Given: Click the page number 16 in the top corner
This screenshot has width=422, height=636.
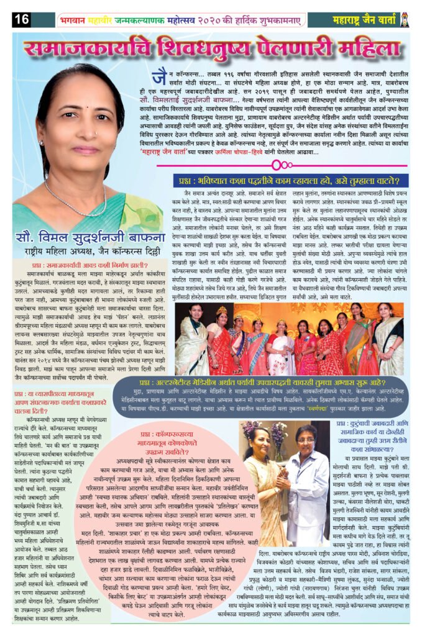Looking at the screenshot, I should pyautogui.click(x=21, y=19).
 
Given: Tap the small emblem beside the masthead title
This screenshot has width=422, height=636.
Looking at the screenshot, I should pyautogui.click(x=405, y=19).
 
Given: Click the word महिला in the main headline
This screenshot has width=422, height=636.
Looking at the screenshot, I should pyautogui.click(x=360, y=49).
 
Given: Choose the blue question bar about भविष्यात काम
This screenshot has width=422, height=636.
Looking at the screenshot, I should pyautogui.click(x=287, y=181).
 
